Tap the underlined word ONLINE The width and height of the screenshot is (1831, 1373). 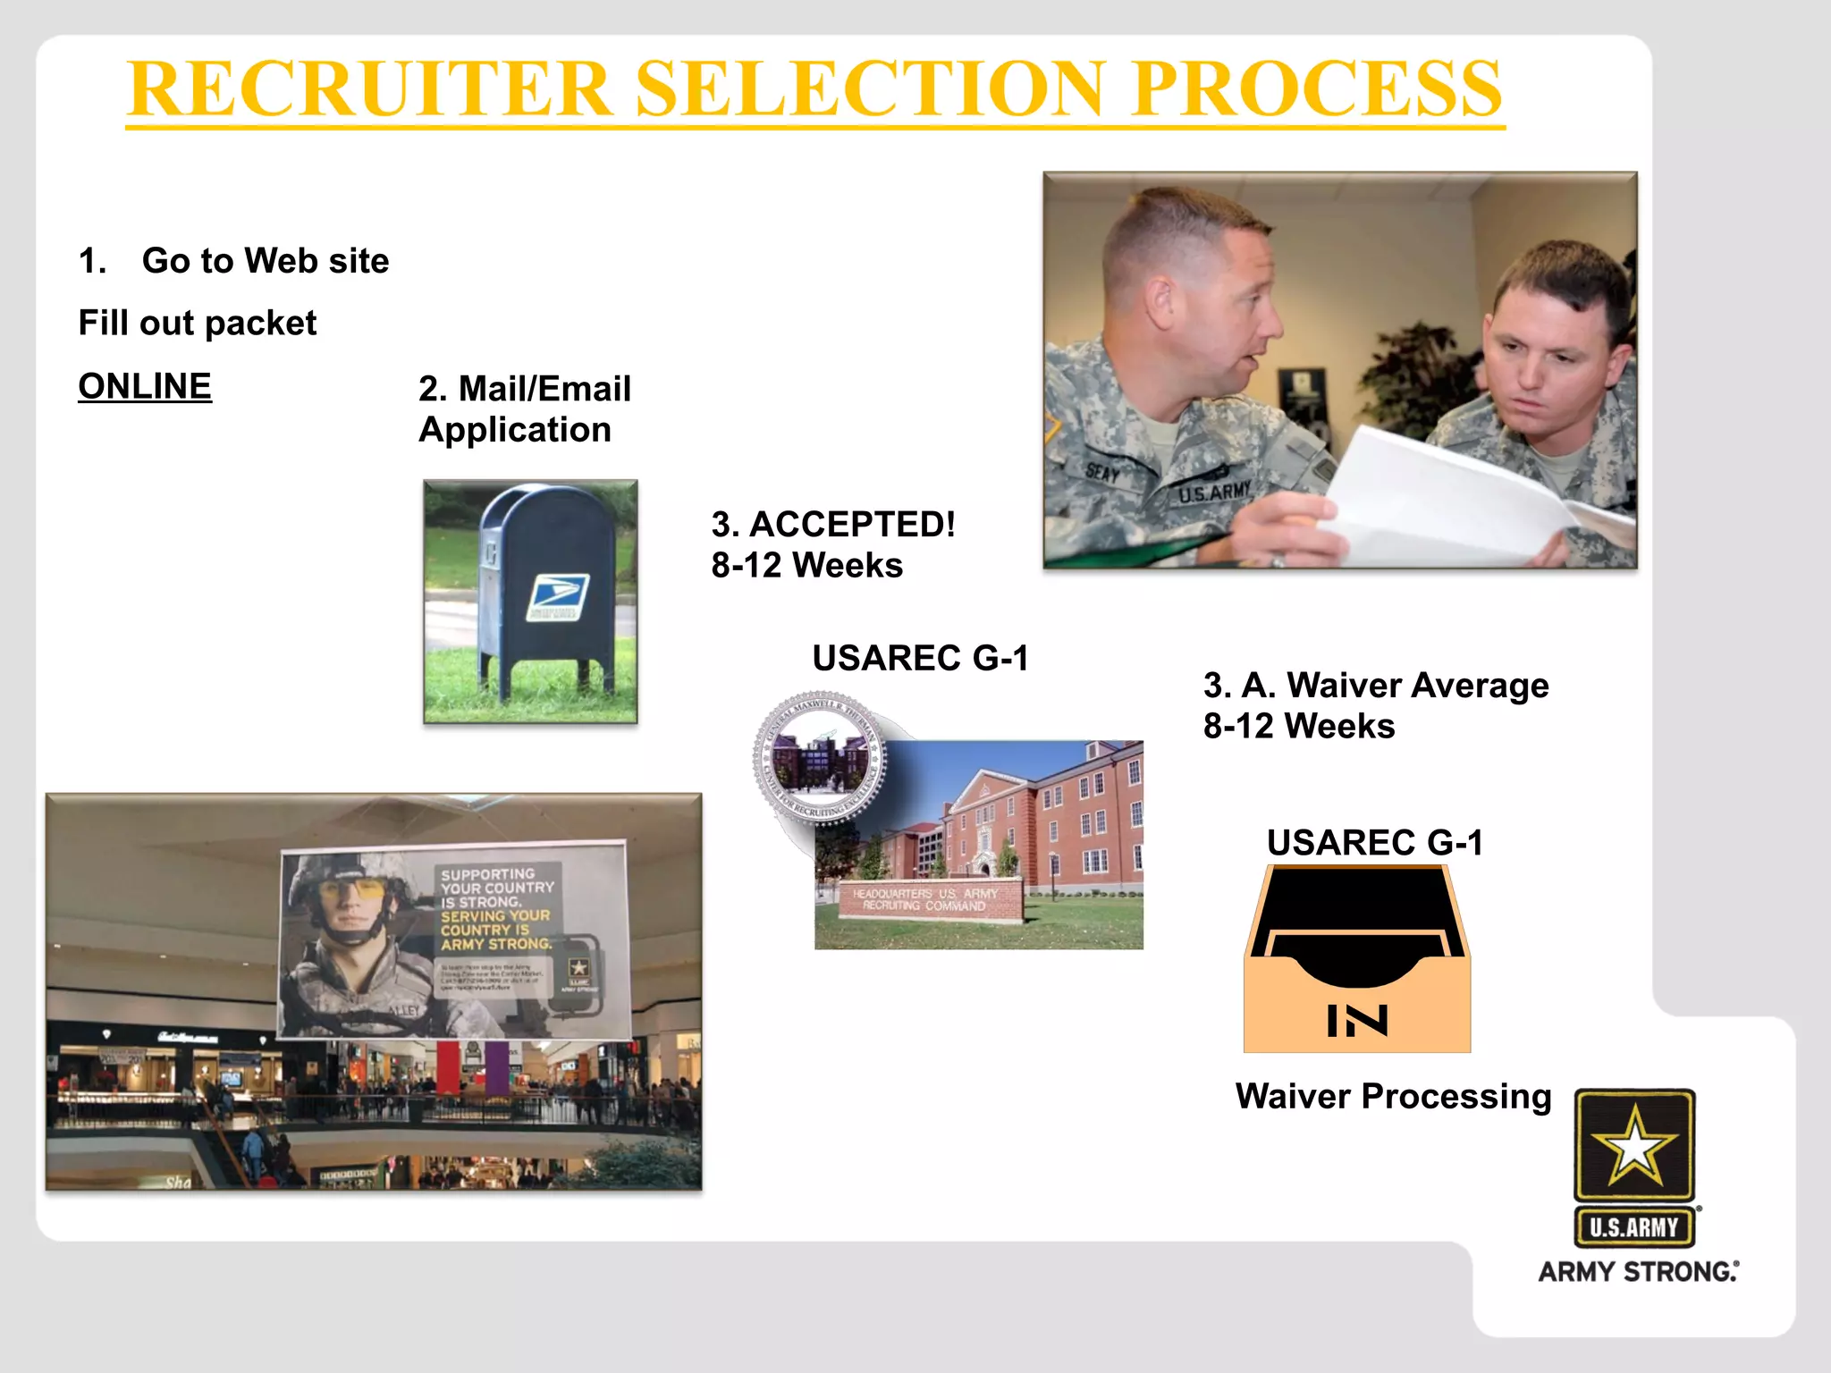coord(145,386)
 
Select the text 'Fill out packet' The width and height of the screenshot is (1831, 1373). coord(198,323)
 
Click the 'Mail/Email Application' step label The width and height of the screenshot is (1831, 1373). coord(525,409)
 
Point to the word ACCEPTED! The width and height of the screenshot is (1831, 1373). coord(852,525)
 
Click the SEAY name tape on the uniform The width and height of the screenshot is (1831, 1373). coord(1103,473)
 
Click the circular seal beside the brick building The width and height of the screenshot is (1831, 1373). coord(820,757)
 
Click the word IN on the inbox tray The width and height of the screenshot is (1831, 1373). coord(1357,1021)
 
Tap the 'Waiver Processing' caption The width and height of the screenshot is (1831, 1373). coord(1393,1097)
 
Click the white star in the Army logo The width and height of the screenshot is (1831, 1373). coord(1634,1145)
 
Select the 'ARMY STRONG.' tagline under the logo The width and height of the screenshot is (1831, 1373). coord(1638,1271)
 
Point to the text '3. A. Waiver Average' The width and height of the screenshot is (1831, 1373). coord(1375,686)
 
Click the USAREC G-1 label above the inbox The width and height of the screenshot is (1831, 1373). coord(1375,842)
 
